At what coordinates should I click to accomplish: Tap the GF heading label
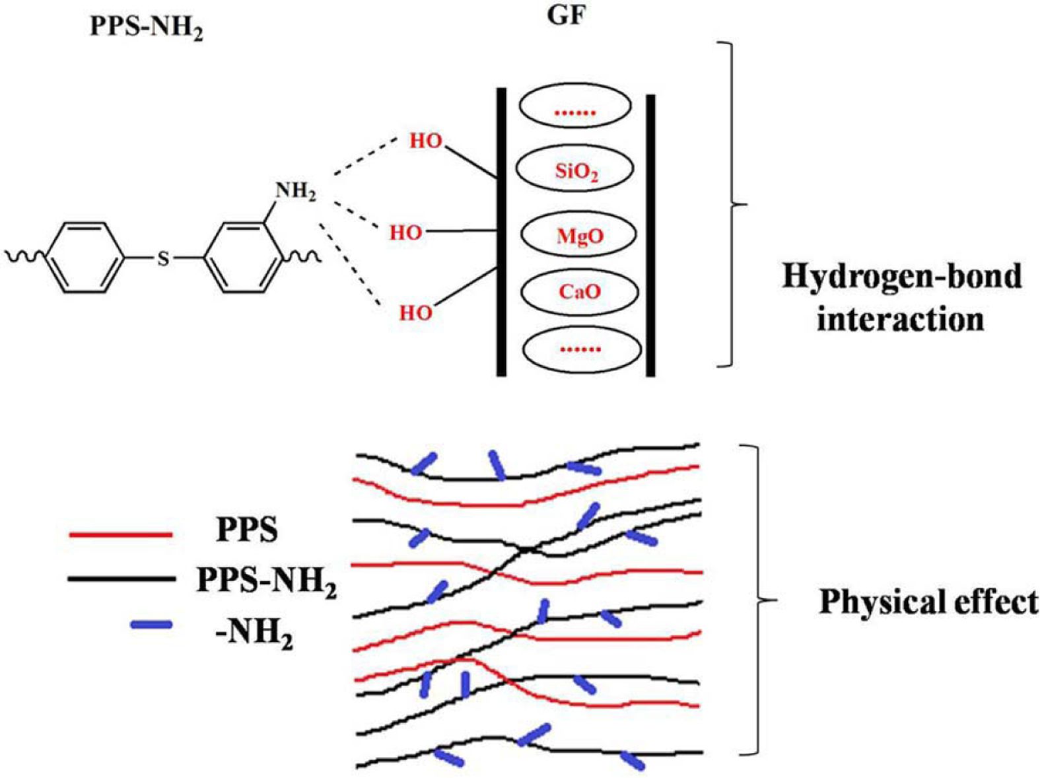pos(567,16)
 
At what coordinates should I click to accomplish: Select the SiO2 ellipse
pos(575,170)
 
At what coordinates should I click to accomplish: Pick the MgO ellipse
pos(579,235)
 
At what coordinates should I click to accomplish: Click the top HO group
pos(425,141)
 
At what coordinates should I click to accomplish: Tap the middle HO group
pos(405,232)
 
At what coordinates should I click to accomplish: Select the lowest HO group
pos(415,312)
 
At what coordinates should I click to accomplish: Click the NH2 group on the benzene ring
pos(295,192)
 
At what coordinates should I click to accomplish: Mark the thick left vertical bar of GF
pos(501,232)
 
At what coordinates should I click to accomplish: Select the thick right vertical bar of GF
pos(650,236)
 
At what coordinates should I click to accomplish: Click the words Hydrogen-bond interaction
pos(901,297)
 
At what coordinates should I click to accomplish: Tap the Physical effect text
pos(928,602)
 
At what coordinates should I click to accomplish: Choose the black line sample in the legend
pos(120,579)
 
